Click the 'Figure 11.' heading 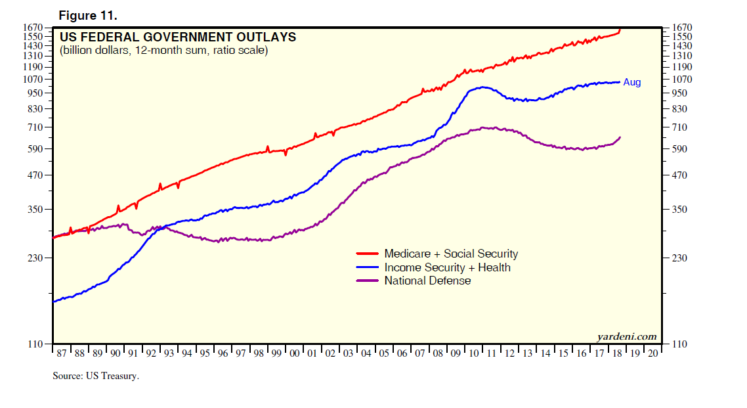coord(88,14)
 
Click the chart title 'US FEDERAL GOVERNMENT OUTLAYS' coord(177,37)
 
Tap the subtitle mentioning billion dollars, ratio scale coord(163,51)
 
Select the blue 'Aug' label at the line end coord(631,82)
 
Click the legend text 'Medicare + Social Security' coord(451,254)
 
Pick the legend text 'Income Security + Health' coord(447,267)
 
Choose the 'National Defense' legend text coord(427,281)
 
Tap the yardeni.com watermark coord(626,336)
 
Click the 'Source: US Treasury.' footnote coord(96,376)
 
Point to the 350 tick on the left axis coord(35,210)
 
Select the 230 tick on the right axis coord(679,258)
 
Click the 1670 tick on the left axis coord(33,28)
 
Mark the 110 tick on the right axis coord(679,344)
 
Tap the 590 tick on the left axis coord(35,149)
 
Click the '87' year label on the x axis coord(61,353)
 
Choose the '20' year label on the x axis coord(652,353)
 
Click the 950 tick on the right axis coord(679,93)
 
